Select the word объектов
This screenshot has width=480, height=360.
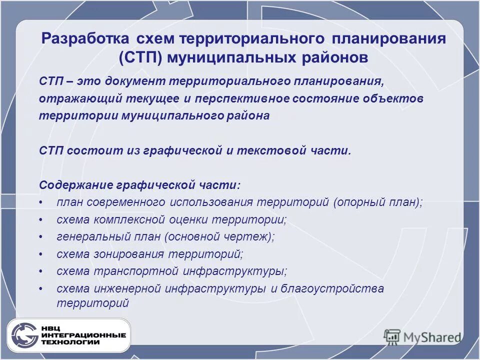[x=397, y=98]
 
